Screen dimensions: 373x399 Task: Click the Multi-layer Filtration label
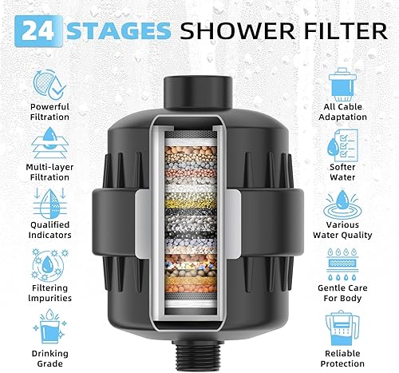click(49, 173)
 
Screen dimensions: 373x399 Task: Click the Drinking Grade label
click(49, 355)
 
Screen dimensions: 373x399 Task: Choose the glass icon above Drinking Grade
click(49, 325)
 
